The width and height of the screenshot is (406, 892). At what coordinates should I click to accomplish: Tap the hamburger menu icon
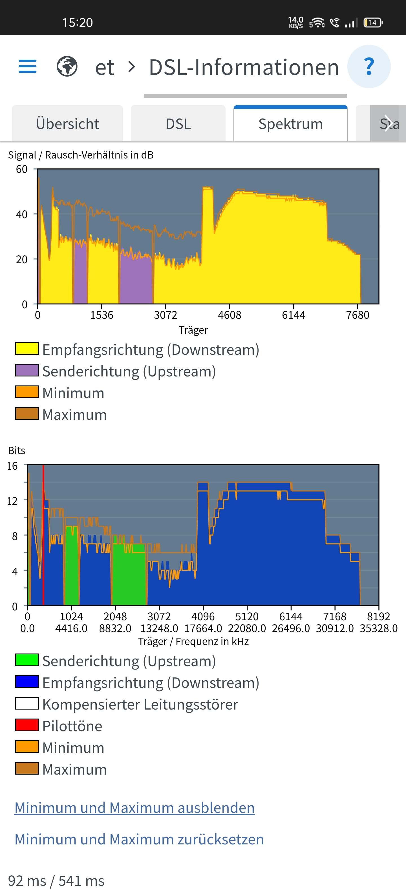[27, 66]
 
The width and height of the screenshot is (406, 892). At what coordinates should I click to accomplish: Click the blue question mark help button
[369, 66]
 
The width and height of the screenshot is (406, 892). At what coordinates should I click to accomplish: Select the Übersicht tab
[67, 124]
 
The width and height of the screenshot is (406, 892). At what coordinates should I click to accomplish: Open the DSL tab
[178, 124]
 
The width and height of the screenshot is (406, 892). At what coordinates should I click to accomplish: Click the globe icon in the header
[67, 66]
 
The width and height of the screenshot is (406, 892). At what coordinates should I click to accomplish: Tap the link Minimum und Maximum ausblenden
[134, 808]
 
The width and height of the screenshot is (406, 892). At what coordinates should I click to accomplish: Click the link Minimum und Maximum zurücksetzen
[139, 839]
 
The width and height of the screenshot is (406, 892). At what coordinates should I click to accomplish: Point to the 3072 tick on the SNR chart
[166, 315]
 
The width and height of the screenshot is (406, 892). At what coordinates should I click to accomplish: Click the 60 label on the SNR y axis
[21, 169]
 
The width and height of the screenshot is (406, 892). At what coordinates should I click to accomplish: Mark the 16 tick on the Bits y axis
[12, 466]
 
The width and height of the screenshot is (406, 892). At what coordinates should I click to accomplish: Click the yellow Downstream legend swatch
[27, 348]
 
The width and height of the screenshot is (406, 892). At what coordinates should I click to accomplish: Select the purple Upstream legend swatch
[27, 370]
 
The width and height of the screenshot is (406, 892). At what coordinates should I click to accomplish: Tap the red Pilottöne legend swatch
[27, 725]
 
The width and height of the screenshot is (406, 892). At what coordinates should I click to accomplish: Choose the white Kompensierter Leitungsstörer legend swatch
[27, 703]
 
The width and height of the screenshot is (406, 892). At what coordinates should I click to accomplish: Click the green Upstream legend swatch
[27, 660]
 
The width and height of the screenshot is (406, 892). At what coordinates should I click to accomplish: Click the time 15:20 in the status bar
[77, 23]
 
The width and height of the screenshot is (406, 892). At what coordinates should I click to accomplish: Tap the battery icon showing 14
[373, 23]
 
